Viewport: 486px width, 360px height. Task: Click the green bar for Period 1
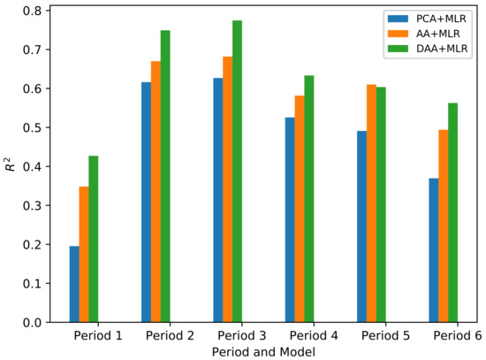(x=94, y=239)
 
